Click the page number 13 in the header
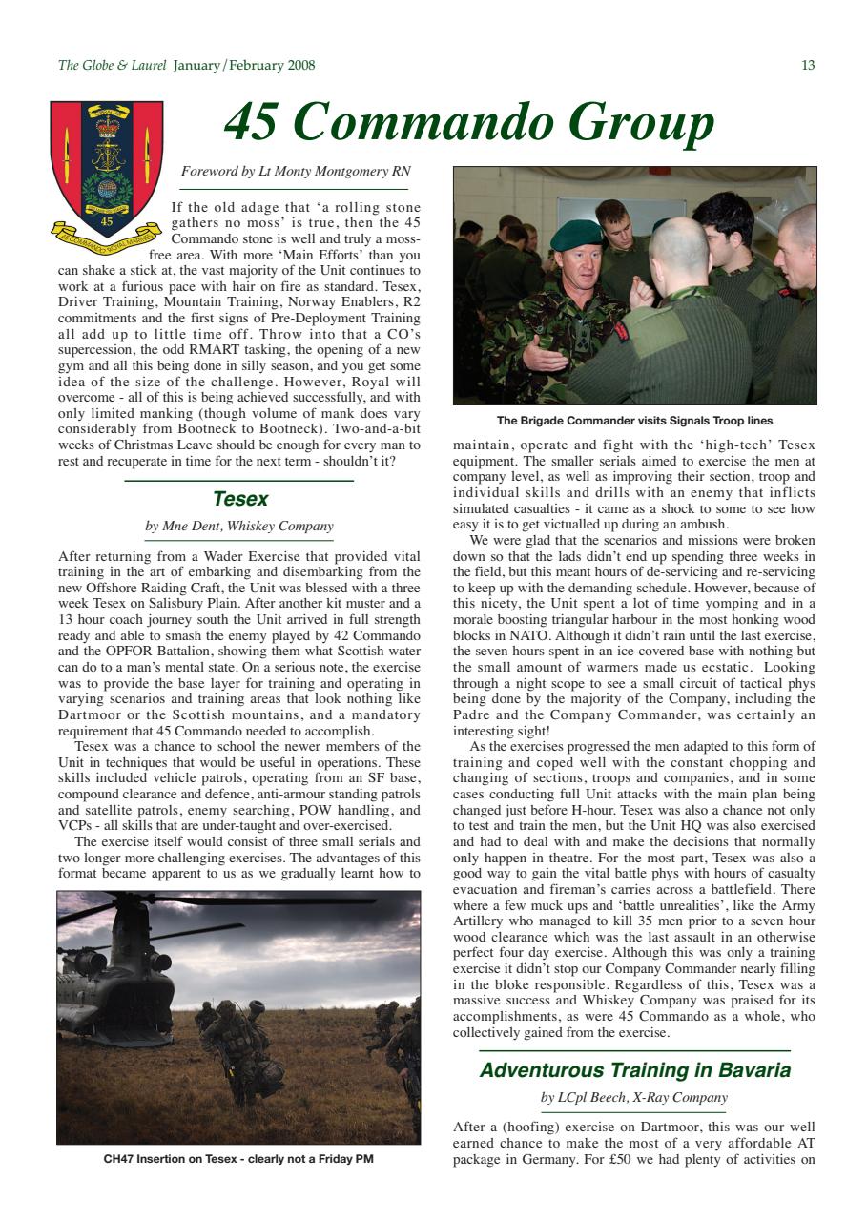coord(807,66)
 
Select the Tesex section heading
coord(239,499)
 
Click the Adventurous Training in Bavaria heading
coord(634,1070)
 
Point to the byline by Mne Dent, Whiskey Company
coord(239,526)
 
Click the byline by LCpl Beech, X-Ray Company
coord(634,1097)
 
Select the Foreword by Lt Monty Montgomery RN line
coord(296,172)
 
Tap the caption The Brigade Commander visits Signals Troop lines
coord(634,421)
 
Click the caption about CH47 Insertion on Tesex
coord(238,1160)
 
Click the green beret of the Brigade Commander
coord(576,235)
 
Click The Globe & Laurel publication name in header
coord(112,66)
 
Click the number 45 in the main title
coord(256,122)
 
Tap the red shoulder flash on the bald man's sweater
coord(620,333)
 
